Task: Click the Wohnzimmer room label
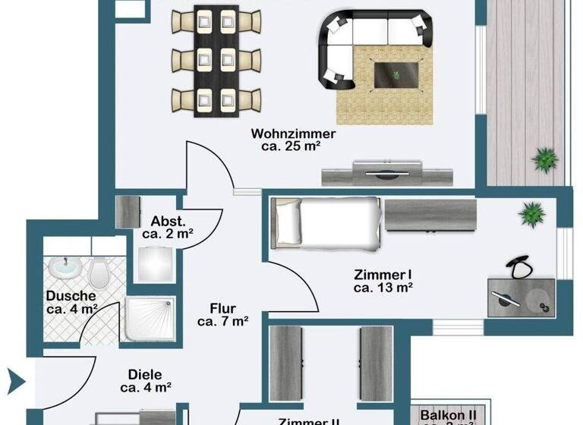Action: point(293,134)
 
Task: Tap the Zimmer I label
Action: point(383,274)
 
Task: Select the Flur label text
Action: point(223,309)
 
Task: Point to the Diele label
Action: point(145,374)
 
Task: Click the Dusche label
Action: point(71,296)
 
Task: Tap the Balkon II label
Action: point(448,414)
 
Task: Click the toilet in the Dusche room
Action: point(99,270)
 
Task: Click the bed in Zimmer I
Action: point(326,222)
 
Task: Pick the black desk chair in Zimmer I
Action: point(519,266)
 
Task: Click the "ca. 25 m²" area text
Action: point(293,148)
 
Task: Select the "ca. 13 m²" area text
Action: point(383,288)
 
